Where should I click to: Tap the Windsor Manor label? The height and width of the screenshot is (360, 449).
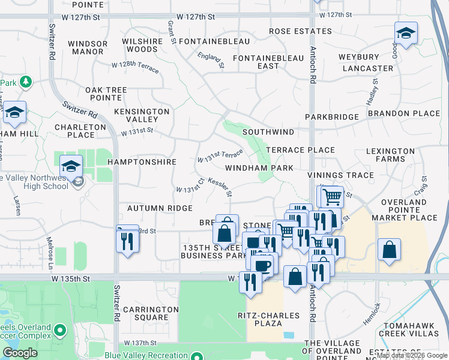coord(87,47)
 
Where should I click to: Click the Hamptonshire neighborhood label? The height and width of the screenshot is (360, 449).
coord(142,162)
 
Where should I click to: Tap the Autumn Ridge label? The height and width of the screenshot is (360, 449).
coord(160,208)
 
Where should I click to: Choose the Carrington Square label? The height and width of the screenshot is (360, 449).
coord(151,313)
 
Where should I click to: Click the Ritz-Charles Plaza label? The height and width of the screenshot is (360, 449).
coord(259,319)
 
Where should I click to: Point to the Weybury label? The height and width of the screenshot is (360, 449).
coord(359,57)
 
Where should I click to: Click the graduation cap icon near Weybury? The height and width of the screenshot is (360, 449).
coord(406,34)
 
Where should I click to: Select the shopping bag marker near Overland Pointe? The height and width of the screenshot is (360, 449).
coord(389,249)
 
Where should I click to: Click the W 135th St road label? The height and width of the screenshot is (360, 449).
coord(70,279)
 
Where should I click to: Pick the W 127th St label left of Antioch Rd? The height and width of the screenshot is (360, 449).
coord(196,17)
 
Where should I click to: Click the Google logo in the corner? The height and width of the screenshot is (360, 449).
coord(20,353)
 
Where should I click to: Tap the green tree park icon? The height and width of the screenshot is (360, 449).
coord(25,82)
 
